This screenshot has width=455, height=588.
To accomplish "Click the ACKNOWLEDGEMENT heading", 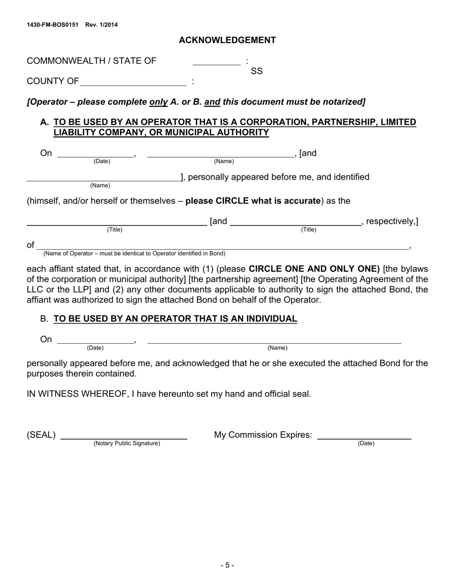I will [227, 40].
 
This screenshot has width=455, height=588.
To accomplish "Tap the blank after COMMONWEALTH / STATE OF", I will [216, 61].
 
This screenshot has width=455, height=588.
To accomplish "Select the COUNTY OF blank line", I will [134, 82].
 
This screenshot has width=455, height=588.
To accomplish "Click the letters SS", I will [257, 71].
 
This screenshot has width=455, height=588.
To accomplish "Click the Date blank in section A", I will [95, 153].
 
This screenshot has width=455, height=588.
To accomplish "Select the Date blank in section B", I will [95, 340].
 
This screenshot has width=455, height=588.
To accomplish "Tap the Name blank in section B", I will [274, 340].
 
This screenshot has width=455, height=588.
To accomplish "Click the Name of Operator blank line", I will [223, 246].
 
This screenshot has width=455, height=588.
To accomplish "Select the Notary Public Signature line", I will [124, 436].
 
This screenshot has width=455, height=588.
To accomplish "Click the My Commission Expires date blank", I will [364, 436].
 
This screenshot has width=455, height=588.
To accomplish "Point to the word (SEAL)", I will [41, 435].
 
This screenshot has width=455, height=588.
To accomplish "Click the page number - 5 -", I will [227, 566].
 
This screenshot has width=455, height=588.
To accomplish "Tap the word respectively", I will [390, 221].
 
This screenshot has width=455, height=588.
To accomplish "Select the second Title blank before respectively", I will [296, 222].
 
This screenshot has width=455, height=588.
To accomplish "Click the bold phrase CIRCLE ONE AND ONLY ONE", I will [314, 269].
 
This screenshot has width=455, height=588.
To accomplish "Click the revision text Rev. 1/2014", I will [102, 25].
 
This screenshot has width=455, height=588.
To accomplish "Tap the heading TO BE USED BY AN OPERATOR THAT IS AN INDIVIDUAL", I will [175, 319].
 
